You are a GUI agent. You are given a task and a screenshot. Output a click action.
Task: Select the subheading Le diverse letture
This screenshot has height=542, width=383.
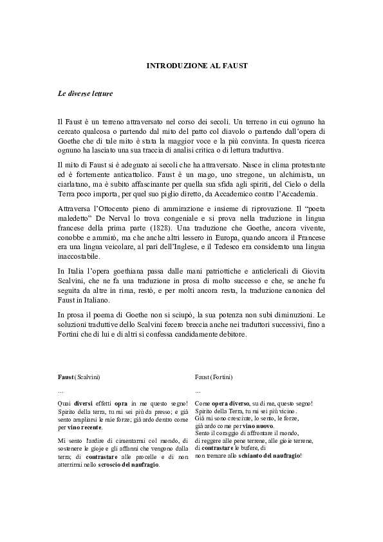(85, 94)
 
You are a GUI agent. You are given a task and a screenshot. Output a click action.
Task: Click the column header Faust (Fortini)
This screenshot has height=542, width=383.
(214, 376)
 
